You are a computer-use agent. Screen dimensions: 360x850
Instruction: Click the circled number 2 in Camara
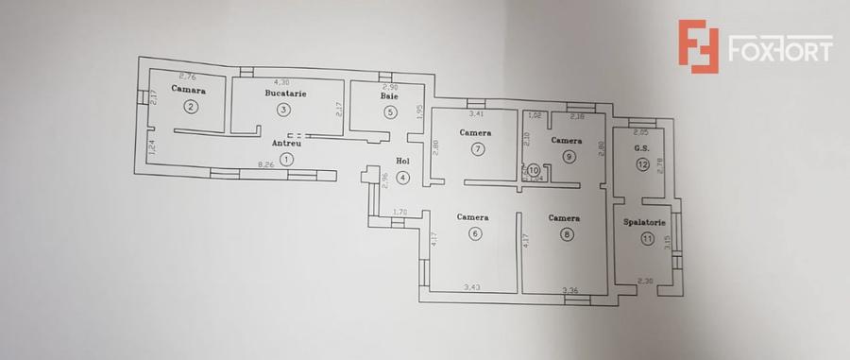click(191, 107)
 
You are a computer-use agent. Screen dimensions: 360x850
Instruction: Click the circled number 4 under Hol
click(403, 177)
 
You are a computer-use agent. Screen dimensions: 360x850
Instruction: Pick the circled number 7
click(478, 148)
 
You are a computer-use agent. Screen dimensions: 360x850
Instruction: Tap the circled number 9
click(568, 157)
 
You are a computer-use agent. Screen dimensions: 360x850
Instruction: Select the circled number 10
click(533, 170)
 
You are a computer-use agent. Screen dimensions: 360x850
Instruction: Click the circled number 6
click(475, 234)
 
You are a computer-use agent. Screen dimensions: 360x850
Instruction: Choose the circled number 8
click(566, 235)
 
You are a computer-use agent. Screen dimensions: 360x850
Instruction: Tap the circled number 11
click(647, 239)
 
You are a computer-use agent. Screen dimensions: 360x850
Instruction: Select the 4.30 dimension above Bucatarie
click(281, 82)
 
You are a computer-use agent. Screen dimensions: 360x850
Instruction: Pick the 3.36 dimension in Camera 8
click(569, 289)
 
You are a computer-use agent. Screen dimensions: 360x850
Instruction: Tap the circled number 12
click(642, 164)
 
